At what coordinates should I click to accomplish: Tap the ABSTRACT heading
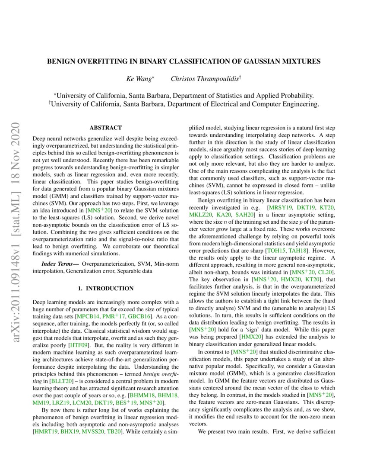click(105, 128)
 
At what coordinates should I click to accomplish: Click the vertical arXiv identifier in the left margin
click(16, 208)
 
